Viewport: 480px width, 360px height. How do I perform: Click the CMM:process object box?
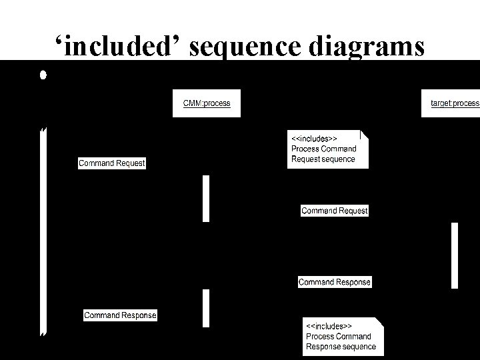coord(206,103)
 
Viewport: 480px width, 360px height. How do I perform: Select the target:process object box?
coord(451,103)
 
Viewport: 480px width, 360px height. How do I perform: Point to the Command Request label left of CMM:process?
coord(111,163)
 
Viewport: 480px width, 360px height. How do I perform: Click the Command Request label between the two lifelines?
coord(334,211)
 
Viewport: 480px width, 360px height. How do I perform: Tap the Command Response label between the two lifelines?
coord(334,282)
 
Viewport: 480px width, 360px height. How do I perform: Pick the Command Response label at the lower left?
coord(120,315)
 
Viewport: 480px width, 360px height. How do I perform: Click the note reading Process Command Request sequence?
coord(327,149)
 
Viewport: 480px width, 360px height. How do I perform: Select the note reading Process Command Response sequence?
coord(343,336)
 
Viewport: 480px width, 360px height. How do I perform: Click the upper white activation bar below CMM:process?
coord(206,198)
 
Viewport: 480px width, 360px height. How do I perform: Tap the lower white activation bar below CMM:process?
coord(206,307)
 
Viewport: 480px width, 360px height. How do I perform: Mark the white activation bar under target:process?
coord(455,255)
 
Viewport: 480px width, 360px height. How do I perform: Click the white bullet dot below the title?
coord(42,75)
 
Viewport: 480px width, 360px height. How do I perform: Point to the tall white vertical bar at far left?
coord(43,230)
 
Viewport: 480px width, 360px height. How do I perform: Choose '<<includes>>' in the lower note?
coord(329,326)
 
